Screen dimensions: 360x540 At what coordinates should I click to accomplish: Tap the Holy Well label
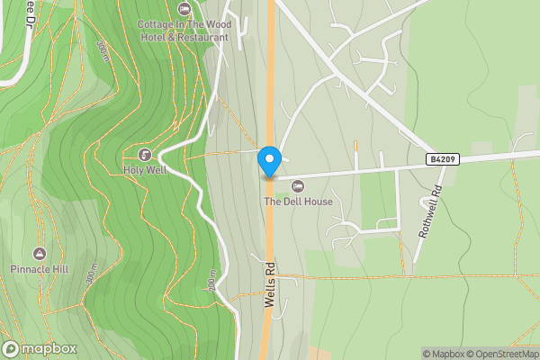[x=145, y=168]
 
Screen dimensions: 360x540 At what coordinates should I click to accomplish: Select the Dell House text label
[x=298, y=201]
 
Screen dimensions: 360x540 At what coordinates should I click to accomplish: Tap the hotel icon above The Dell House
[x=298, y=185]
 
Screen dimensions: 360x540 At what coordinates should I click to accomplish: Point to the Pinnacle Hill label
[x=39, y=269]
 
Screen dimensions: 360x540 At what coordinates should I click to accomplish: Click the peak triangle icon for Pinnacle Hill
[x=39, y=254]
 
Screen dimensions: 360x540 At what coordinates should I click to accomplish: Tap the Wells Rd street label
[x=269, y=285]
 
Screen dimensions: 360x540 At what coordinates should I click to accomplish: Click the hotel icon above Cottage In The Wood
[x=184, y=9]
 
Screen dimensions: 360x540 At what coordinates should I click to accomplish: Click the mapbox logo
[x=40, y=349]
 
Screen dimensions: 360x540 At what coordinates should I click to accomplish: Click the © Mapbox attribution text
[x=444, y=354]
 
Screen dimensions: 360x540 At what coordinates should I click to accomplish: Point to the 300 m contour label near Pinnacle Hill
[x=91, y=276]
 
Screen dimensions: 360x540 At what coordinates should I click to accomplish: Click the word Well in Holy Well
[x=157, y=168]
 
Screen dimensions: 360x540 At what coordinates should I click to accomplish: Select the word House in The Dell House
[x=318, y=201]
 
